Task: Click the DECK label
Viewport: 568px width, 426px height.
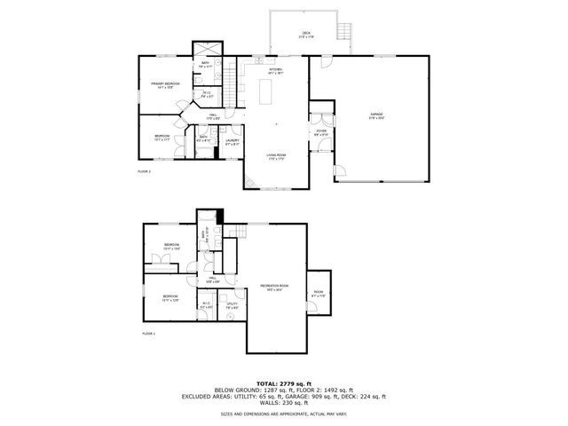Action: point(304,35)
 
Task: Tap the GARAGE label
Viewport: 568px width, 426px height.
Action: point(376,114)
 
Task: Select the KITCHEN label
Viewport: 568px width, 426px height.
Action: point(275,71)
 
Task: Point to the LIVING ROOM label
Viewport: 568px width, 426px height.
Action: point(276,156)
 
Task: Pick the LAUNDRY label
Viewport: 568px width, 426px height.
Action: point(232,140)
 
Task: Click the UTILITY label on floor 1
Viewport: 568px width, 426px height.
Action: point(232,304)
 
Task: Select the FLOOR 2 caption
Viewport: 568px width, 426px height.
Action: point(144,170)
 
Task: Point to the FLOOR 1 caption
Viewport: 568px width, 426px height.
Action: point(149,333)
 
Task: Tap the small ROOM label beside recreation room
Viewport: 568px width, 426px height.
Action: point(318,293)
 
